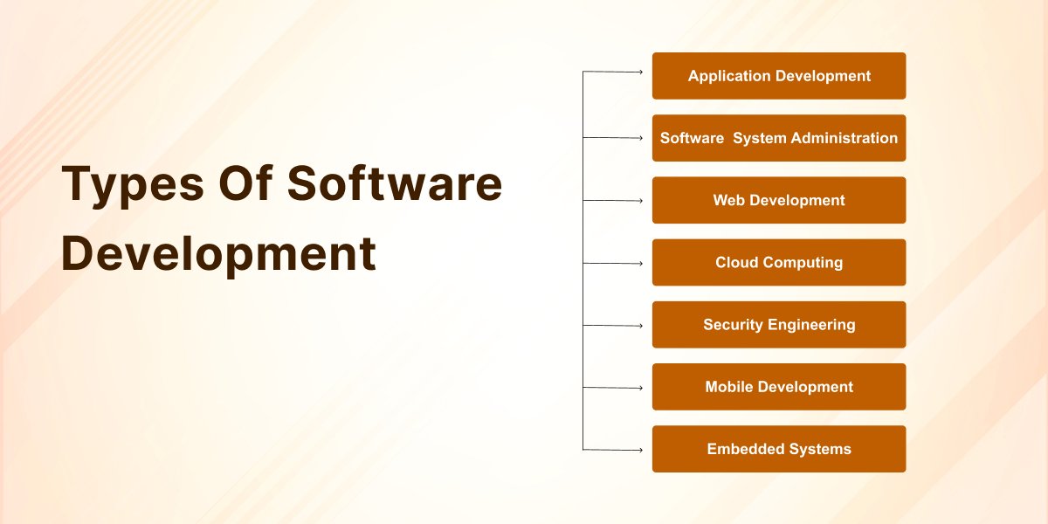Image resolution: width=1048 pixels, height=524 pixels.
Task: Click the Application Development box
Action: (x=778, y=76)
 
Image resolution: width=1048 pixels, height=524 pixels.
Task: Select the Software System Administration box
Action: (x=778, y=138)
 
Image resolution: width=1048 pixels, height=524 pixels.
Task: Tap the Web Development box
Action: (x=778, y=200)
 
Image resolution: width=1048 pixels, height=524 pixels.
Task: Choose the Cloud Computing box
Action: (x=778, y=262)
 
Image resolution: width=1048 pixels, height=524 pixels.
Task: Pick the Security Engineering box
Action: (x=778, y=325)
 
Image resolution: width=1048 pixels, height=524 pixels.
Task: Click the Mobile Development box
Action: (x=778, y=387)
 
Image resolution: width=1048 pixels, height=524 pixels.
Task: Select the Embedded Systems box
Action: (x=778, y=449)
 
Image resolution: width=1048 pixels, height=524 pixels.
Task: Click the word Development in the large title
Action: (x=218, y=254)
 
